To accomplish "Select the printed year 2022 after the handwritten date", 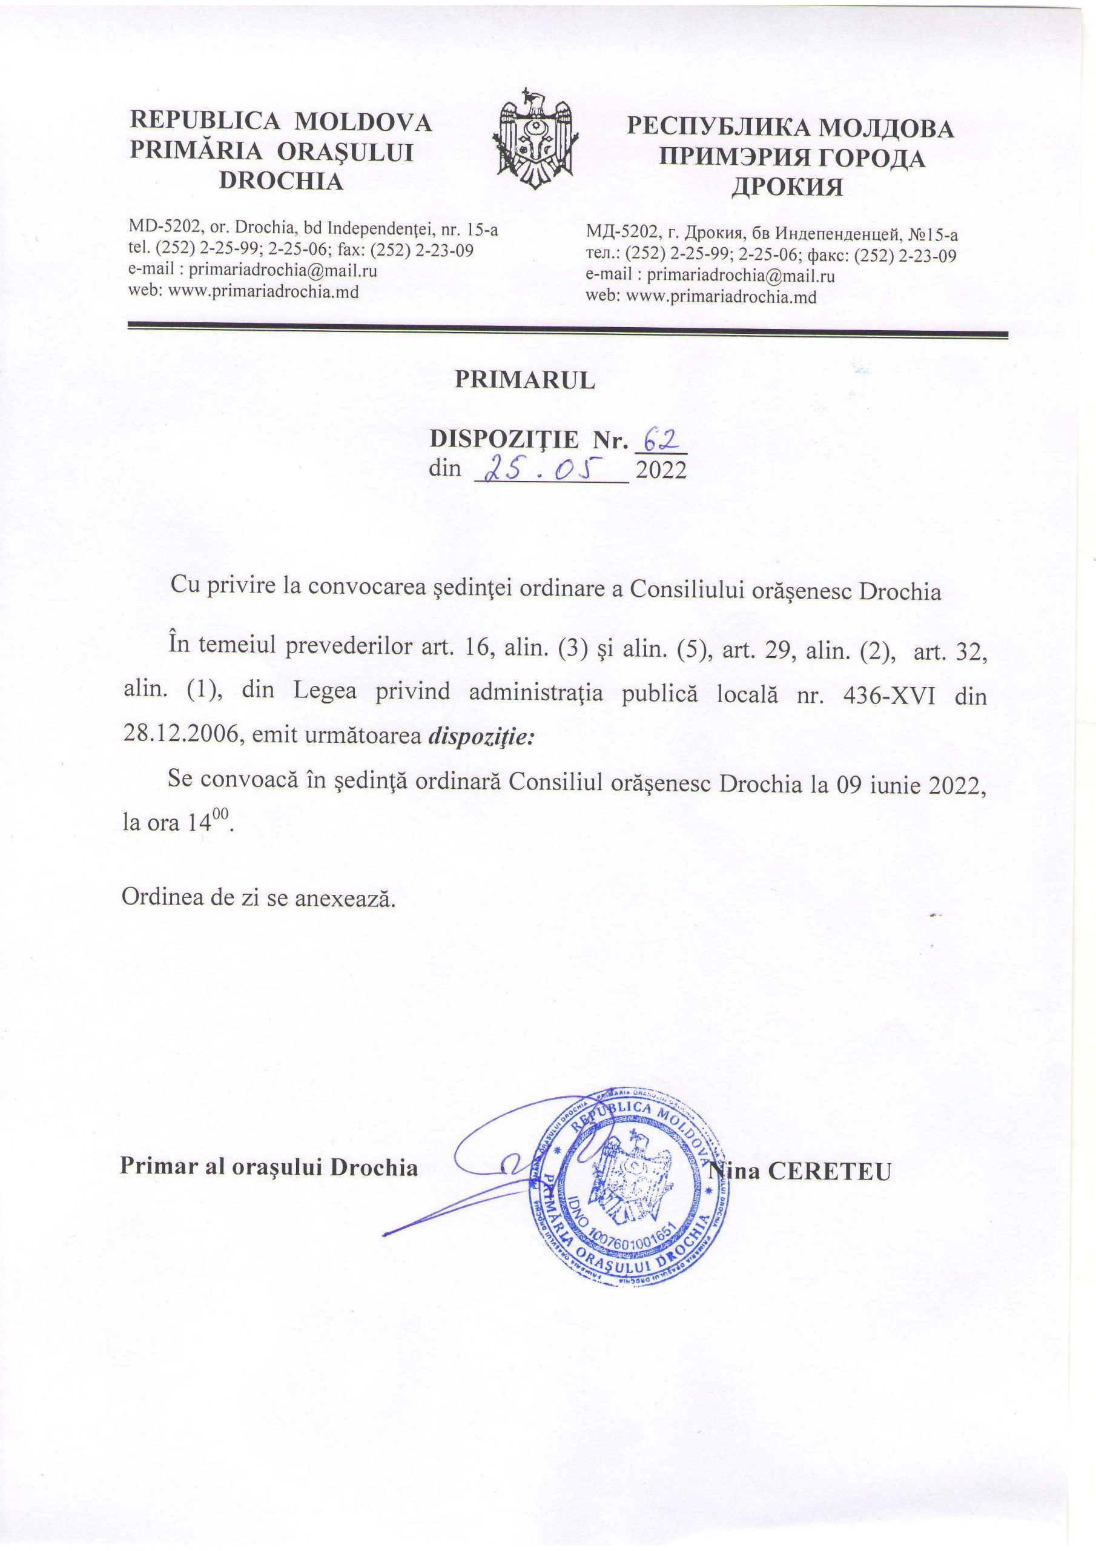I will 661,470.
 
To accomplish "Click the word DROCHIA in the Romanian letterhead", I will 282,181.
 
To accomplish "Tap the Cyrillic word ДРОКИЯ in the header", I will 788,186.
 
